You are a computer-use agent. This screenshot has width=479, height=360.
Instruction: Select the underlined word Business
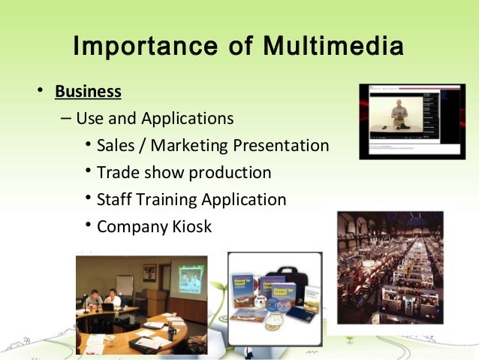click(88, 92)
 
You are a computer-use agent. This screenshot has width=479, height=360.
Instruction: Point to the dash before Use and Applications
click(65, 119)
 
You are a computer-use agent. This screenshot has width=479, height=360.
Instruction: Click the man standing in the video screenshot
click(400, 116)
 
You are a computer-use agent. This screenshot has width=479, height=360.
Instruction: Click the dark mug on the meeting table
click(171, 331)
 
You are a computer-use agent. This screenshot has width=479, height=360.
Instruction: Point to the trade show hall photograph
click(390, 268)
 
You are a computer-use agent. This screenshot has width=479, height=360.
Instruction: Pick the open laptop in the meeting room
click(107, 306)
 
